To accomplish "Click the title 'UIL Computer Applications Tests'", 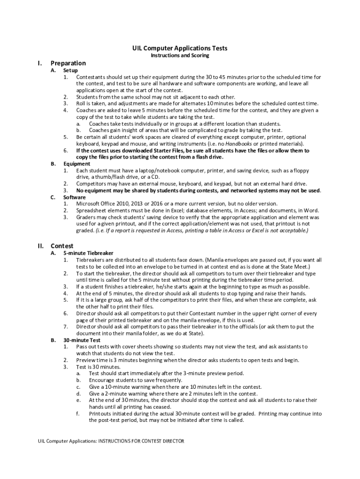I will [180, 48].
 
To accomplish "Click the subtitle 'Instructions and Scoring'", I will [180, 55].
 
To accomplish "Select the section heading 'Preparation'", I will [68, 63].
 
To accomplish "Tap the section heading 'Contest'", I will [62, 246].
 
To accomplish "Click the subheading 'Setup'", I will [71, 70].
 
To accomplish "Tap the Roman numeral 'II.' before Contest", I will [41, 246].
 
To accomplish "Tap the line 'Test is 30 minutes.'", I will [98, 367].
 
